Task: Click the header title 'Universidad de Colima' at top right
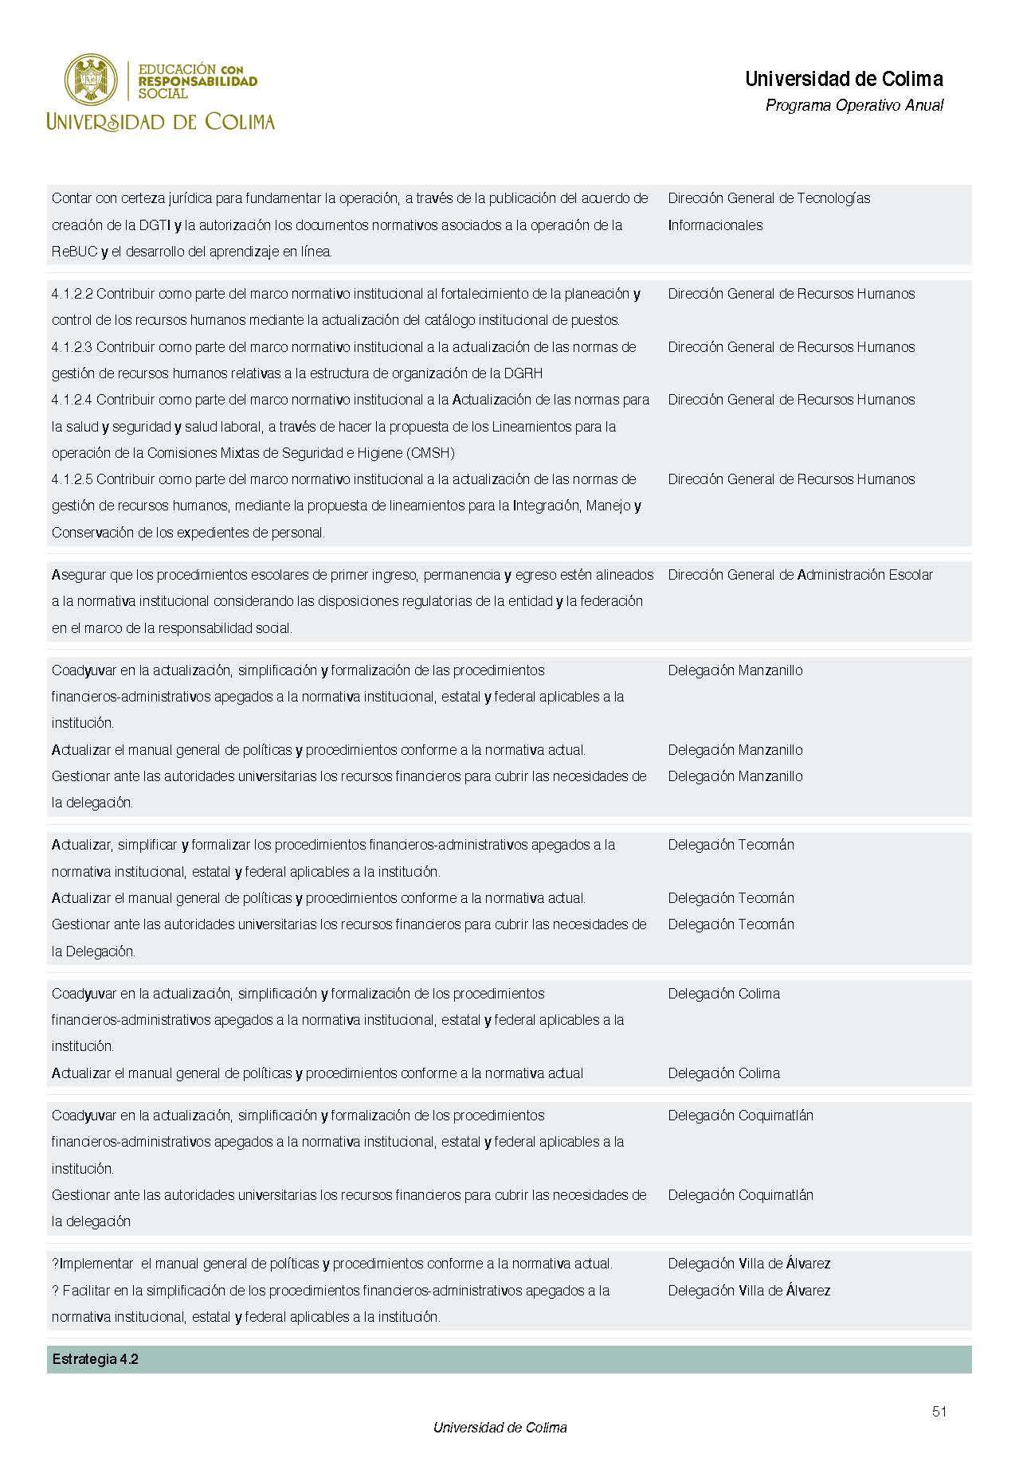coord(844,79)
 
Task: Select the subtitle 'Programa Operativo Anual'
coord(854,105)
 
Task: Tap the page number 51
coord(939,1412)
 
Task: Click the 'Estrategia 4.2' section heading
coord(95,1359)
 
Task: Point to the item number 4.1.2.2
coord(73,294)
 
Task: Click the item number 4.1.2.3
coord(73,347)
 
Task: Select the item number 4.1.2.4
coord(73,400)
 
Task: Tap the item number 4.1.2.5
coord(73,479)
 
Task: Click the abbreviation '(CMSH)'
coord(430,453)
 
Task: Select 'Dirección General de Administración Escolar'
coord(800,575)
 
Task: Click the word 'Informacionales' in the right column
coord(715,225)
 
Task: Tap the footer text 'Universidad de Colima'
coord(500,1428)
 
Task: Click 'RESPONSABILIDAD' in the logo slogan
coord(198,81)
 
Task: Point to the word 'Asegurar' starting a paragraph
coord(77,575)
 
